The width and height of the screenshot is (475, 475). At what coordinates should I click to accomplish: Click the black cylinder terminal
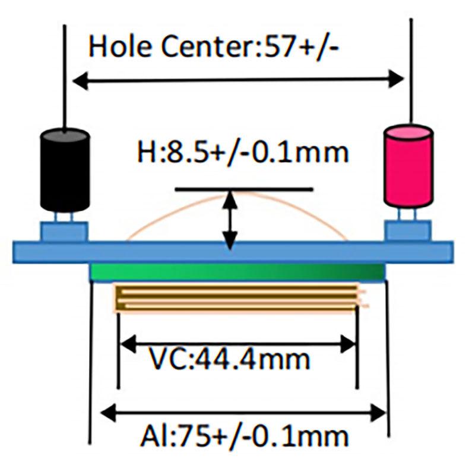[65, 170]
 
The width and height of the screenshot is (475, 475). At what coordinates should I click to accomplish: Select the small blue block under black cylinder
[64, 230]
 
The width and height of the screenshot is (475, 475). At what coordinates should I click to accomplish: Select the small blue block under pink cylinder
[408, 230]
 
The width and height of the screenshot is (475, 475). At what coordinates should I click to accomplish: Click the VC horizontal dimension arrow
[237, 343]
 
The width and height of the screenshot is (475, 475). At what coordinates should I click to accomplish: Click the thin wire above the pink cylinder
[410, 65]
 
